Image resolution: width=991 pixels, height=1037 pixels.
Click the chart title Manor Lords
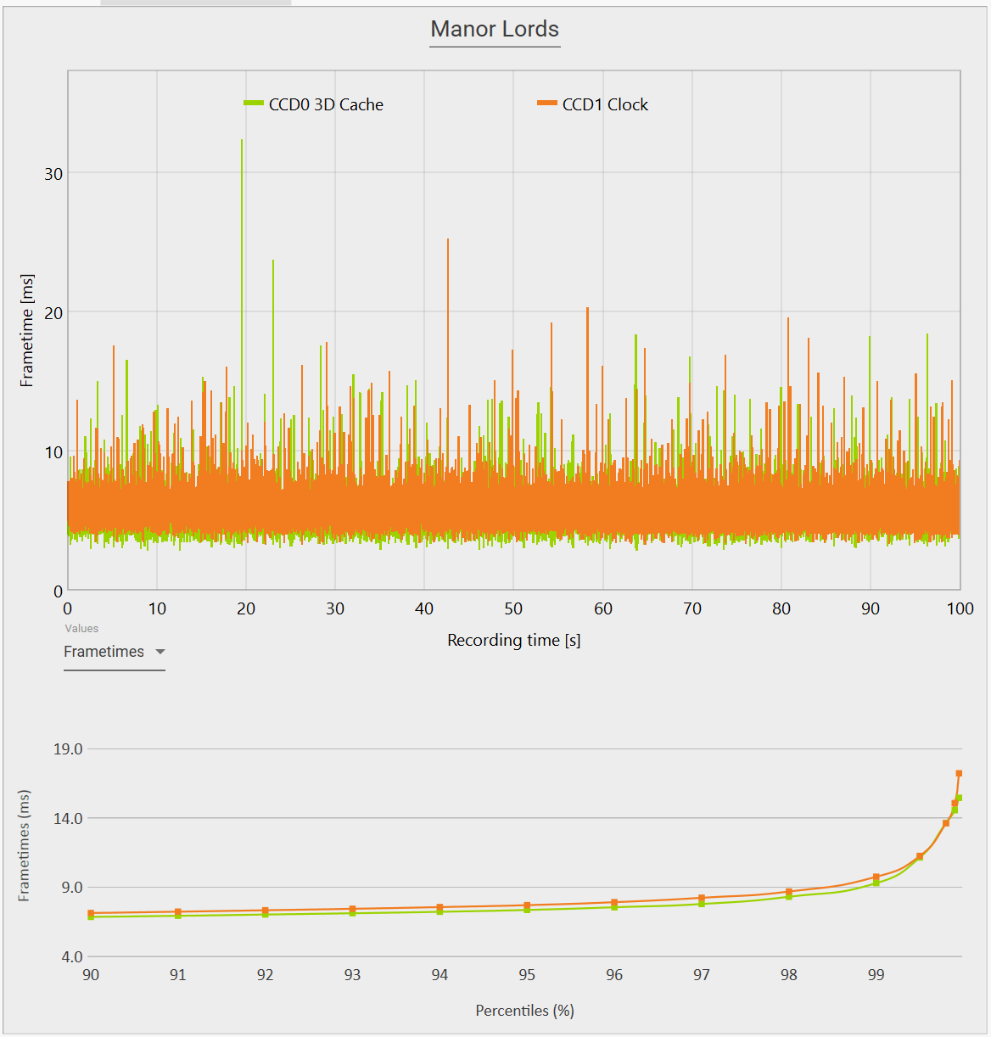pyautogui.click(x=495, y=29)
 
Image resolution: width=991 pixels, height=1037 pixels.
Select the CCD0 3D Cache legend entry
pyautogui.click(x=326, y=104)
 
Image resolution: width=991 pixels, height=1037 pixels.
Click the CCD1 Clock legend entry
pyautogui.click(x=604, y=104)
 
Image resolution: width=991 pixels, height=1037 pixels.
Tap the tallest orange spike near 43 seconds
pyautogui.click(x=448, y=241)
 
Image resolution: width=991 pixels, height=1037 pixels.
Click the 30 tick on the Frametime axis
pyautogui.click(x=53, y=174)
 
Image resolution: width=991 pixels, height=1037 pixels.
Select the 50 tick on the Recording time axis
pyautogui.click(x=513, y=608)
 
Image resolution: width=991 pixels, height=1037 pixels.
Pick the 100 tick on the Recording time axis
pyautogui.click(x=960, y=608)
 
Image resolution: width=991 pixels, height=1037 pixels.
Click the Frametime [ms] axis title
pyautogui.click(x=27, y=330)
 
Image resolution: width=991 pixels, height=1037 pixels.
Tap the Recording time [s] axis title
pyautogui.click(x=513, y=640)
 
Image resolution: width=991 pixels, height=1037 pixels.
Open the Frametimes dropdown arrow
pyautogui.click(x=160, y=652)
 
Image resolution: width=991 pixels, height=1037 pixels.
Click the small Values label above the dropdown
pyautogui.click(x=81, y=629)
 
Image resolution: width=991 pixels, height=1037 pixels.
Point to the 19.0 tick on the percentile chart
pyautogui.click(x=68, y=748)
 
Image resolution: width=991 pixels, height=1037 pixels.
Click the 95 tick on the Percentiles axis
pyautogui.click(x=527, y=975)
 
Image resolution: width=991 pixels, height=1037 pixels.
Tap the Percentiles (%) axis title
pyautogui.click(x=524, y=1011)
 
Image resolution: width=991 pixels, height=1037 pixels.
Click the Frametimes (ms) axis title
pyautogui.click(x=24, y=845)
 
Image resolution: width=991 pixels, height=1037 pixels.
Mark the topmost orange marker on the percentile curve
pyautogui.click(x=959, y=773)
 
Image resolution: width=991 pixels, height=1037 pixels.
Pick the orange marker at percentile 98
pyautogui.click(x=789, y=892)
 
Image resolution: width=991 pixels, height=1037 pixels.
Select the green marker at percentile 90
pyautogui.click(x=91, y=916)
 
